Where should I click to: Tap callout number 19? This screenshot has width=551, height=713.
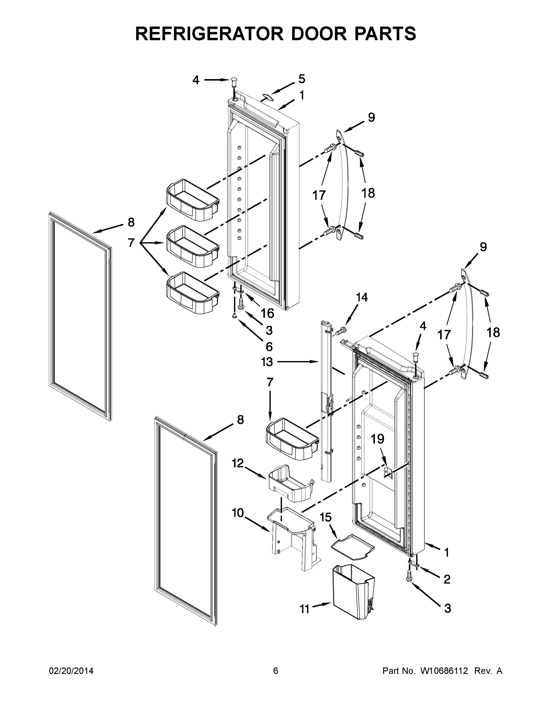coord(377,439)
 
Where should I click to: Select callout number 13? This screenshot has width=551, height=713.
coord(267,362)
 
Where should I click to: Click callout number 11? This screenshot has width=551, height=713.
coord(304,609)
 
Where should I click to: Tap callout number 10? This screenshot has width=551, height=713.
coord(238,513)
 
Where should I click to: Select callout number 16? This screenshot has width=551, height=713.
coord(267,313)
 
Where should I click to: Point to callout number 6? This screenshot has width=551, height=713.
coord(269,346)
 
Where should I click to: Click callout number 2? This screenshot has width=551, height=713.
coord(447,579)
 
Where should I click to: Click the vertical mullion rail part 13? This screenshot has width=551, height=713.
coord(326,408)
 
